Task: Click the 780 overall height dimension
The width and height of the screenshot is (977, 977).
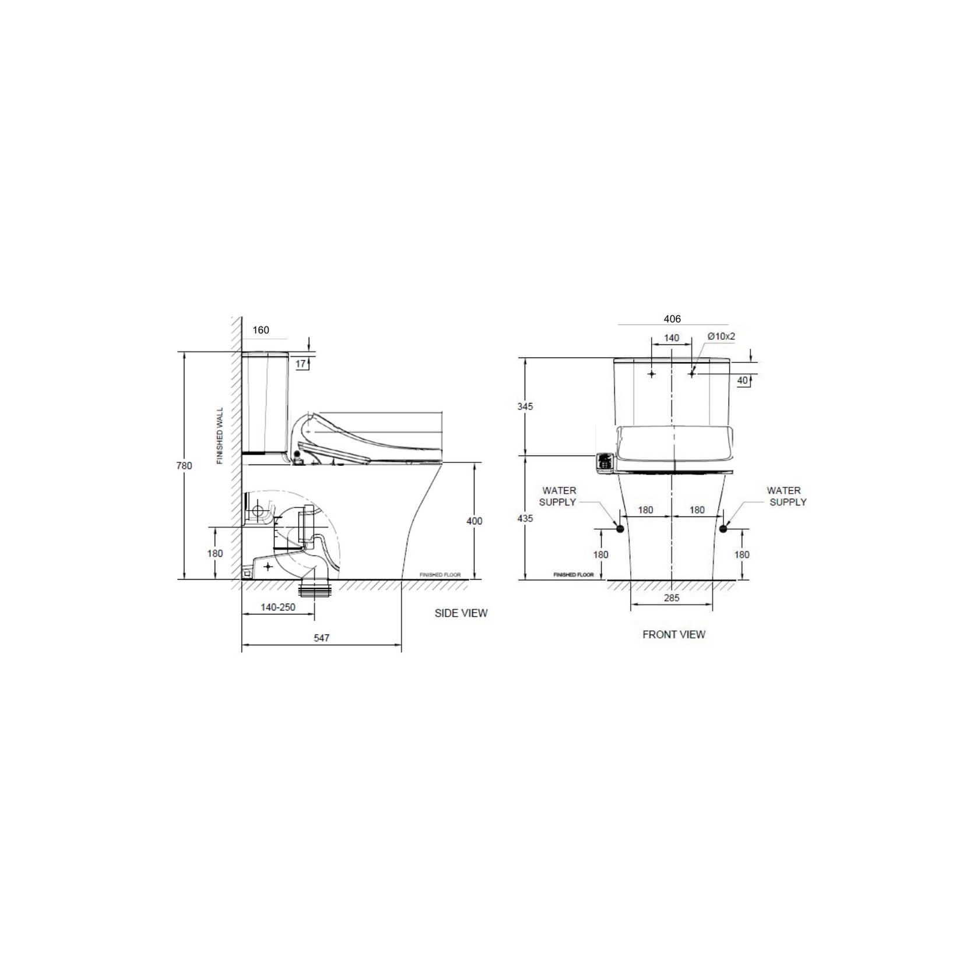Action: tap(184, 466)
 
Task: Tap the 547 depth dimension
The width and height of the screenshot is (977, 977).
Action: tap(322, 638)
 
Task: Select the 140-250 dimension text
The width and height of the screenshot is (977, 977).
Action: tap(278, 607)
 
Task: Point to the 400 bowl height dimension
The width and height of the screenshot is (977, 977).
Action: tap(475, 521)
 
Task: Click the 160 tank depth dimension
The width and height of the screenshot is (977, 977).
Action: tap(261, 330)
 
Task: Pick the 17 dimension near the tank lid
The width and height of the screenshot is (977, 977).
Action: tap(301, 364)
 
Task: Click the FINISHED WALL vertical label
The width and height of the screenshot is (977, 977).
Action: tap(220, 435)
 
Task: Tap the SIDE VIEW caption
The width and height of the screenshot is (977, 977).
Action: tap(461, 613)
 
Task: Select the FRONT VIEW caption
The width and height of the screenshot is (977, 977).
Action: tap(674, 634)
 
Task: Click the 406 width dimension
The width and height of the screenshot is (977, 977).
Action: tap(672, 319)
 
